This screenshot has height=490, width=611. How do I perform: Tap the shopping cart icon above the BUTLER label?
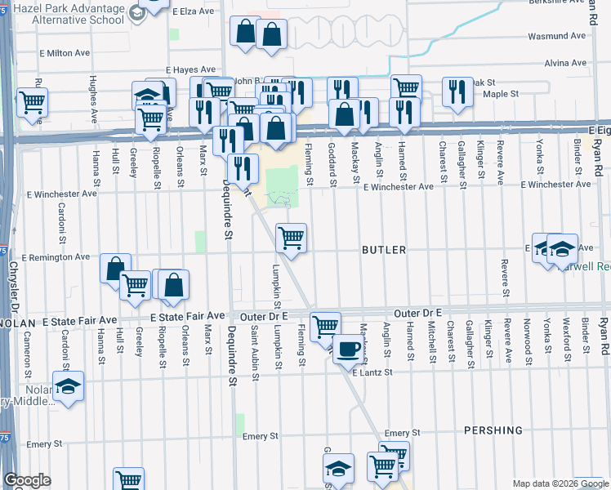292,238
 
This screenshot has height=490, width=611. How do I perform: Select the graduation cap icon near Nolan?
69,386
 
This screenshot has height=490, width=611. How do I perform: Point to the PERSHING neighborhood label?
493,430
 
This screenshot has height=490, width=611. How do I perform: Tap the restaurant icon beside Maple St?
457,91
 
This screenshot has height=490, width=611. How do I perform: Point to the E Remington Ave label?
56,257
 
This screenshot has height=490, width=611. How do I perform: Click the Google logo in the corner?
27,480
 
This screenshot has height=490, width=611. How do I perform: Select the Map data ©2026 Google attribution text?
560,483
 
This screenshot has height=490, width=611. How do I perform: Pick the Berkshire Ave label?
555,2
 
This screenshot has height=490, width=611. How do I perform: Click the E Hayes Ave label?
190,70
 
